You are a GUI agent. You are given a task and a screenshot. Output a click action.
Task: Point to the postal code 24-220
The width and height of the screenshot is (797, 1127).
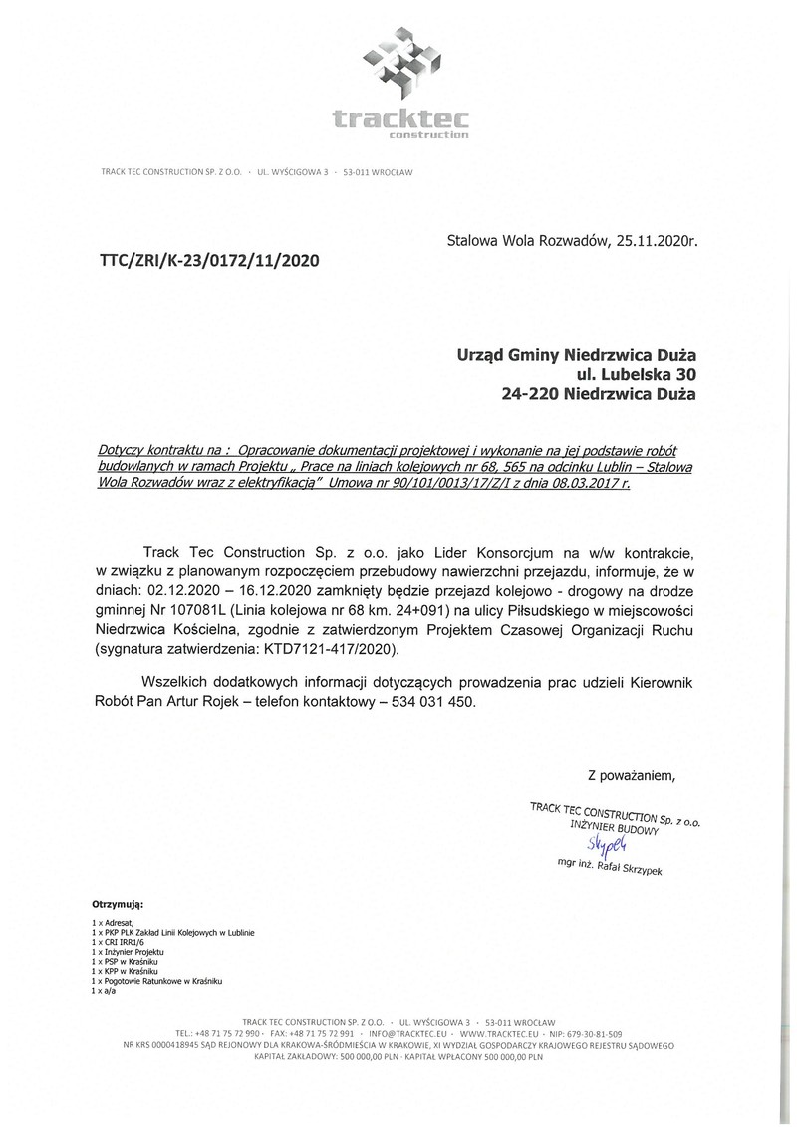coord(530,393)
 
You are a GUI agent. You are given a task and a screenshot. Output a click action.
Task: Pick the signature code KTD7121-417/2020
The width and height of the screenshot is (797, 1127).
coord(329,649)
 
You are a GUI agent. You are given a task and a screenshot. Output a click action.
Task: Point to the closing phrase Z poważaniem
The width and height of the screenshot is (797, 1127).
coord(632,774)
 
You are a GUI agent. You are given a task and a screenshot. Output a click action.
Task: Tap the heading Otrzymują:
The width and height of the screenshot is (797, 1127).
coord(118,905)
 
